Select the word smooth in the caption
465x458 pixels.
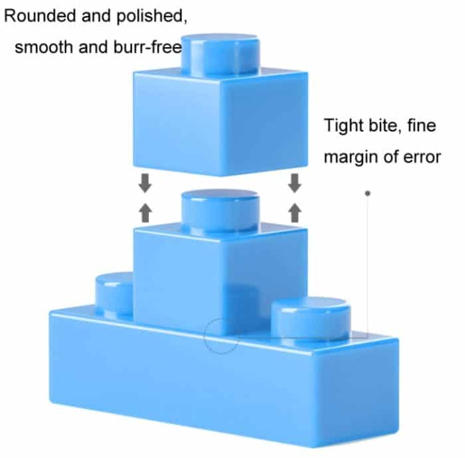click(42, 47)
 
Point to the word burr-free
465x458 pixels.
click(135, 47)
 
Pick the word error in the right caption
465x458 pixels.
click(421, 157)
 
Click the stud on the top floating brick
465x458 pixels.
click(220, 53)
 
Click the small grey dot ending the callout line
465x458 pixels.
click(367, 193)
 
